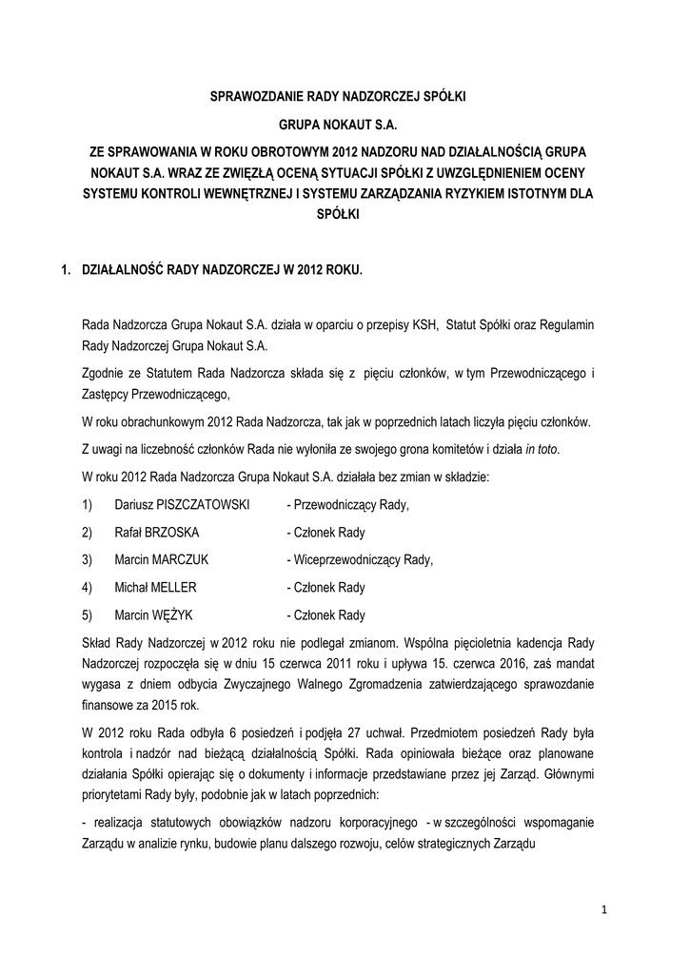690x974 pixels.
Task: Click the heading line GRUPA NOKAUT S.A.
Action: coord(345,125)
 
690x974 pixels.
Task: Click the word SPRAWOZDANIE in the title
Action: coord(252,97)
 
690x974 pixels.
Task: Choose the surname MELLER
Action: coord(174,588)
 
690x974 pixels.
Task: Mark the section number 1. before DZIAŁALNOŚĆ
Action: coord(66,271)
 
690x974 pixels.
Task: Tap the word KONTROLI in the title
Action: coord(181,197)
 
